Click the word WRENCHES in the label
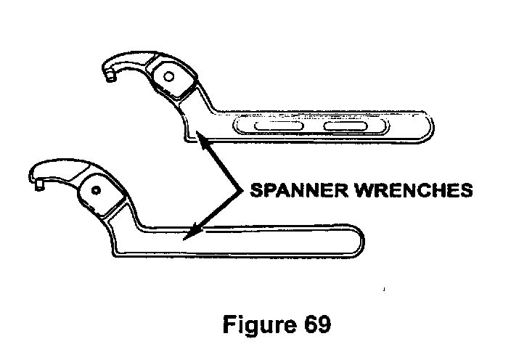[406, 190]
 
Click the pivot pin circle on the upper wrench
[168, 77]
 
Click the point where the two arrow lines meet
[239, 190]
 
